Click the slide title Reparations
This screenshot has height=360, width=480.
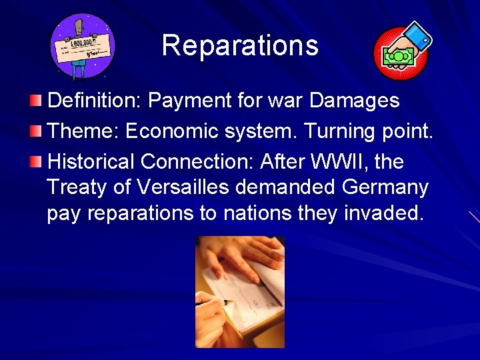[x=239, y=46]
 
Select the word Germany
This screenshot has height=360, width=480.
[x=385, y=187]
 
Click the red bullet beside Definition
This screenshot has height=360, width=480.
[x=35, y=101]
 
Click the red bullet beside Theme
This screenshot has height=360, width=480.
[x=35, y=131]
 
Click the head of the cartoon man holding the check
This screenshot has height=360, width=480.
[x=79, y=27]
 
